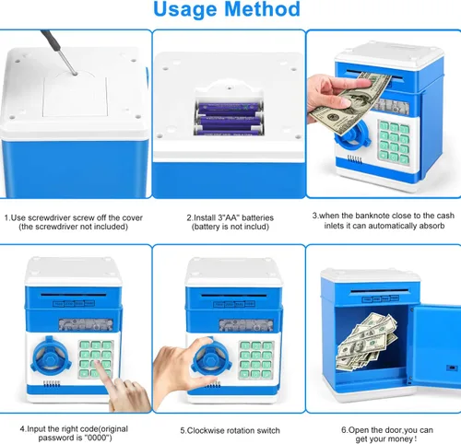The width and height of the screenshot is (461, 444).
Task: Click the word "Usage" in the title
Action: pyautogui.click(x=185, y=10)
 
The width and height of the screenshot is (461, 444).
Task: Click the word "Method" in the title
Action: pyautogui.click(x=263, y=8)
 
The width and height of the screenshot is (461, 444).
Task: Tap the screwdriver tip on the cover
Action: pyautogui.click(x=76, y=74)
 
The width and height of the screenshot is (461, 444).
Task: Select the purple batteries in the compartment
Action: pyautogui.click(x=229, y=119)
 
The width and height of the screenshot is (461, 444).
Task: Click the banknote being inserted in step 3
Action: pyautogui.click(x=350, y=103)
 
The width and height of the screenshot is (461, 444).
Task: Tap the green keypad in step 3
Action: pyautogui.click(x=395, y=142)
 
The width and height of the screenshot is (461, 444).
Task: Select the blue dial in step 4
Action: pyautogui.click(x=51, y=356)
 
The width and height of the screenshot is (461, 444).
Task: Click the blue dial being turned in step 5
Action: pyautogui.click(x=212, y=358)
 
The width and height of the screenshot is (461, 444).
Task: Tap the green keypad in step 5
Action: pyautogui.click(x=255, y=359)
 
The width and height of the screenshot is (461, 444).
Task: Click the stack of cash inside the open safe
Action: pyautogui.click(x=366, y=341)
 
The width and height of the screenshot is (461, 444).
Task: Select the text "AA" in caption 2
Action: pyautogui.click(x=231, y=217)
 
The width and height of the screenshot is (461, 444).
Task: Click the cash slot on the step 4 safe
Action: pyautogui.click(x=74, y=295)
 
